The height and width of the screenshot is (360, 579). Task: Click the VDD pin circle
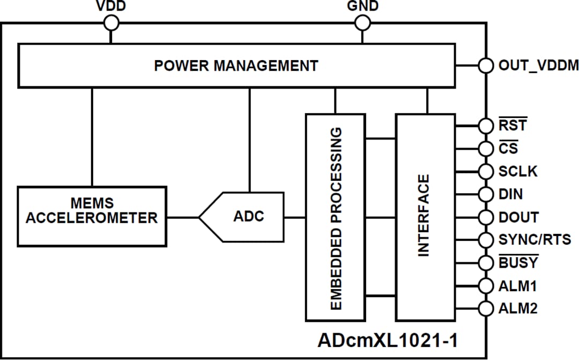point(112,23)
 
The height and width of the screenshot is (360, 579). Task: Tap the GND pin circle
point(363,23)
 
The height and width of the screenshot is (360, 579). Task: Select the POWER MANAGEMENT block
point(236,65)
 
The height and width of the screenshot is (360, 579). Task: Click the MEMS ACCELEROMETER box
point(92,216)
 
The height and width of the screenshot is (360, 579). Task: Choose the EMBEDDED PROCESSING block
point(336,217)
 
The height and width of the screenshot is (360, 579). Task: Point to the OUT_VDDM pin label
point(538,65)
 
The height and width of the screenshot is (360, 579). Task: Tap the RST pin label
point(513,126)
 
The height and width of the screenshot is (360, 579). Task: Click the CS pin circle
point(486,148)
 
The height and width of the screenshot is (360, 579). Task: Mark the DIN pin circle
point(486,194)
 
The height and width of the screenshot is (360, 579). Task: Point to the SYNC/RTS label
point(535,240)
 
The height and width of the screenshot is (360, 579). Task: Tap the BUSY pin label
point(518,263)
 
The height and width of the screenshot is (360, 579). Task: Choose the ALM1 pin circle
point(486,286)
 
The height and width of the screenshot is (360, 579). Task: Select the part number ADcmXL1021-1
point(388,340)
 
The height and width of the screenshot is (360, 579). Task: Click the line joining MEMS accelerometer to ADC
point(182,217)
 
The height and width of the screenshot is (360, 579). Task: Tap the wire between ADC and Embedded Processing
point(295,217)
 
